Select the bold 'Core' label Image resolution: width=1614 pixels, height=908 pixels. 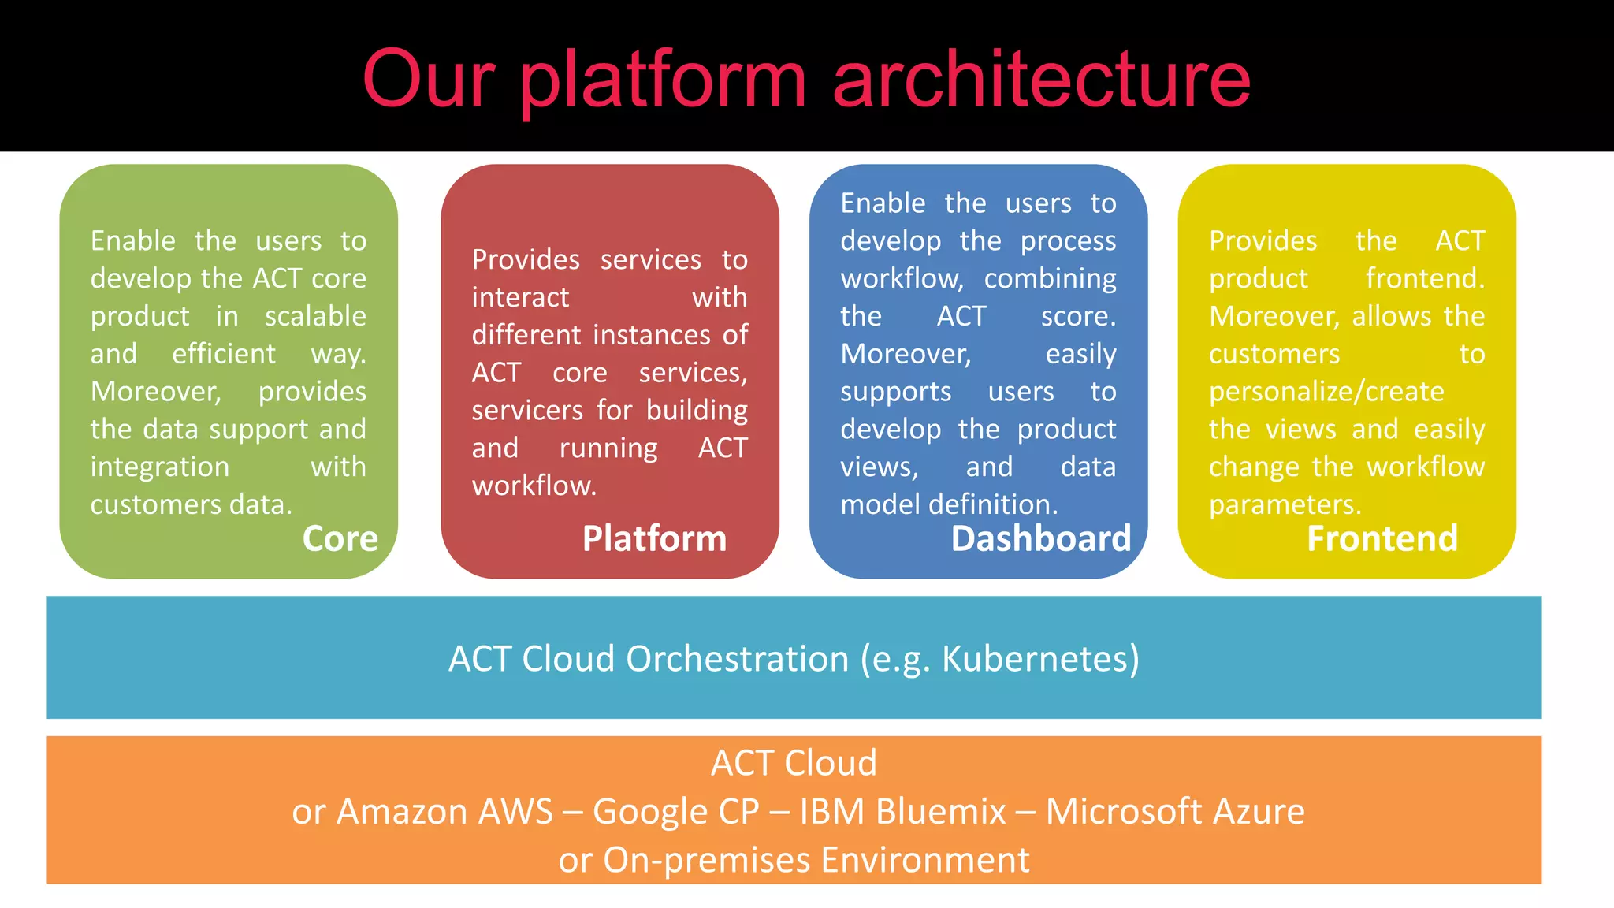click(x=340, y=538)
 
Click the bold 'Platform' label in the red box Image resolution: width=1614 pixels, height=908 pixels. click(x=654, y=538)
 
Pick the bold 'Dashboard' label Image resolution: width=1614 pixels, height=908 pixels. click(x=1040, y=538)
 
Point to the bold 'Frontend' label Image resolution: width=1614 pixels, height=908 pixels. click(x=1382, y=538)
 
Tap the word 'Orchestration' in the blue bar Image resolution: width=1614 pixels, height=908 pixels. click(x=737, y=659)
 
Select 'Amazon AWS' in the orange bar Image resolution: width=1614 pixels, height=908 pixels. click(x=444, y=811)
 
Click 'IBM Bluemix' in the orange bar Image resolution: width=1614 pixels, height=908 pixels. click(x=903, y=811)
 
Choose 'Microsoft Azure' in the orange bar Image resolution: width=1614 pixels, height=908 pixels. click(x=1174, y=811)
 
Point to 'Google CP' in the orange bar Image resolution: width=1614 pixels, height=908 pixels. click(x=675, y=811)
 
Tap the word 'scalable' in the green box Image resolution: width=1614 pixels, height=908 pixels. click(x=315, y=316)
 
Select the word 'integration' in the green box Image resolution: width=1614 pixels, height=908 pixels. click(x=160, y=467)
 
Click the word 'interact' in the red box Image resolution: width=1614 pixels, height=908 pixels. click(x=520, y=297)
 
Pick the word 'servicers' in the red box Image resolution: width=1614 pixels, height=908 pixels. click(x=527, y=410)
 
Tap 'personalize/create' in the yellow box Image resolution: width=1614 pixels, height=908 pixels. click(x=1326, y=392)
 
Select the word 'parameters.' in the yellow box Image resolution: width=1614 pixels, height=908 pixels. click(x=1285, y=504)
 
